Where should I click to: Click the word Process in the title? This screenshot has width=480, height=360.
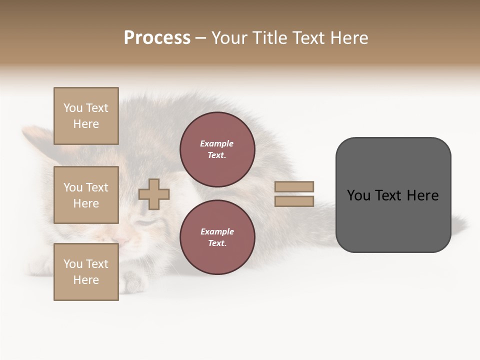[157, 38]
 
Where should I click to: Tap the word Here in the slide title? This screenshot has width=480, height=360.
[348, 38]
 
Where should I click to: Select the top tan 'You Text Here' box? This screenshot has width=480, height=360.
[86, 116]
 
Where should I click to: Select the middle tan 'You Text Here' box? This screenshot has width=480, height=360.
[86, 195]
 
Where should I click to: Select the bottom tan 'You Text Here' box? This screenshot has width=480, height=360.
[86, 272]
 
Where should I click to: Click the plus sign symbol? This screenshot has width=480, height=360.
[154, 194]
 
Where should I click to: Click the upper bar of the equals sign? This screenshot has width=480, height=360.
[294, 186]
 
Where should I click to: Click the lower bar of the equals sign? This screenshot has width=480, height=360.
[294, 201]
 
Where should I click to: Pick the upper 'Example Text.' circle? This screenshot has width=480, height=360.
[217, 149]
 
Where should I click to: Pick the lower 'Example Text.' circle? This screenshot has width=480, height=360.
[217, 237]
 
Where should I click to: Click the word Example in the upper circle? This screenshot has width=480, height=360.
[217, 143]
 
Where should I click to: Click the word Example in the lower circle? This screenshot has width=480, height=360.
[217, 231]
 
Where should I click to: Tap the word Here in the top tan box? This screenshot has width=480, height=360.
[86, 124]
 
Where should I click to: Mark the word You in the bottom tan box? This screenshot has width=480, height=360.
[72, 264]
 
